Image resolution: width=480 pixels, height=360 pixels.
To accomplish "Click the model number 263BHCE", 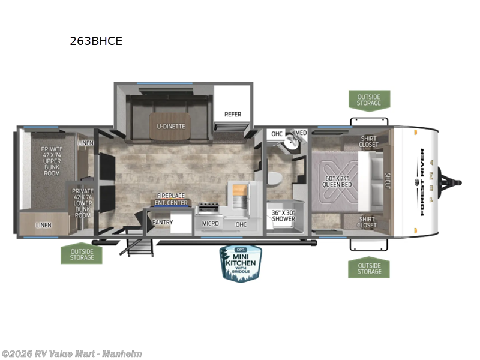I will click(96, 41).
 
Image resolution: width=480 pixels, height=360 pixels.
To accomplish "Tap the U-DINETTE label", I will click(171, 126).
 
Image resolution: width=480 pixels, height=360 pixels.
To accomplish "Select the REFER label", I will click(233, 114).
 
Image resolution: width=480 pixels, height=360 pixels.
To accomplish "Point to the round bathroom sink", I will click(292, 143).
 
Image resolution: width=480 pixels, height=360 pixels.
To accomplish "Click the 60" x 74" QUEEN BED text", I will click(338, 181).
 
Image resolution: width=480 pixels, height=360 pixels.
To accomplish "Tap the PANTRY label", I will click(163, 223).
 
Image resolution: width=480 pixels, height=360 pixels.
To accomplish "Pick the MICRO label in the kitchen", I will click(210, 224).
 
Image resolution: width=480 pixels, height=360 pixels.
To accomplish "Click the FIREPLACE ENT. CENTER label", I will click(172, 199).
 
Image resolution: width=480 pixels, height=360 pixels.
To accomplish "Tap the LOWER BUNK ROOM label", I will click(82, 202).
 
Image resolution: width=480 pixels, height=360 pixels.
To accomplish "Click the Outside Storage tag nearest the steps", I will click(82, 254).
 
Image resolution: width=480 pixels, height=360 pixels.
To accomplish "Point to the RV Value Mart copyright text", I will click(71, 354).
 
